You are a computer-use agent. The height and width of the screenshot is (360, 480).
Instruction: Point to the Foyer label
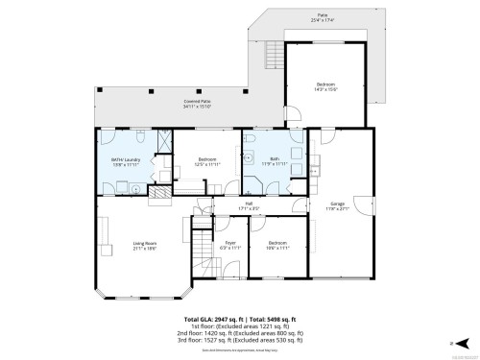click(x=230, y=244)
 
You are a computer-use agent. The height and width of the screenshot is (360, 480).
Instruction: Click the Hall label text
click(x=248, y=204)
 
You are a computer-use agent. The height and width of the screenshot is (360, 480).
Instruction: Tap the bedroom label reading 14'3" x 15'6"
click(x=326, y=86)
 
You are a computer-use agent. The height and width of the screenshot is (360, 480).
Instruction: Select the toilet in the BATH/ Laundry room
click(x=140, y=134)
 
